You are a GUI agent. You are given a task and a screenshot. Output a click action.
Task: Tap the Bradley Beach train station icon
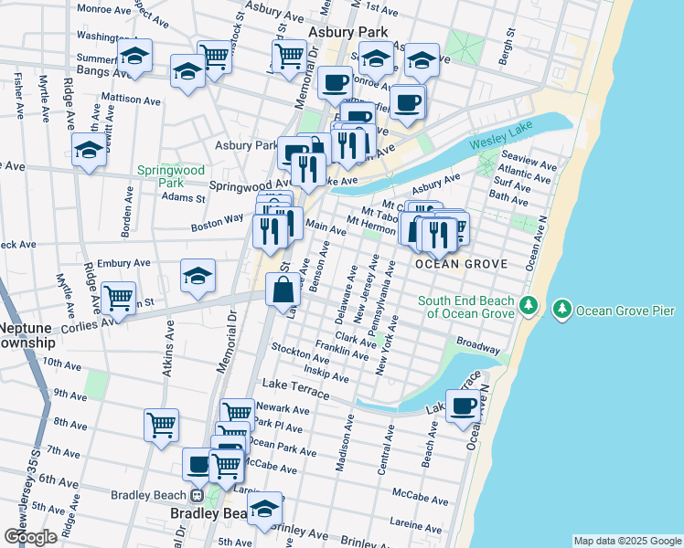point(197,496)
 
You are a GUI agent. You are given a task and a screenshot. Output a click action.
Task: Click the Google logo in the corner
point(31,537)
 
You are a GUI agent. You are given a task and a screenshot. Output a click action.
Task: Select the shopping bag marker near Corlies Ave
point(283,291)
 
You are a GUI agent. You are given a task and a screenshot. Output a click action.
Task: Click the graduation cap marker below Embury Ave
point(198,276)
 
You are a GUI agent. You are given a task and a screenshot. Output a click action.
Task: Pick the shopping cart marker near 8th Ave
point(161,424)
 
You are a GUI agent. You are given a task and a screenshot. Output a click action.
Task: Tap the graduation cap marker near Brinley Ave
point(265,509)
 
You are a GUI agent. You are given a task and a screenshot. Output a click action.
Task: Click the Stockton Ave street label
point(294,350)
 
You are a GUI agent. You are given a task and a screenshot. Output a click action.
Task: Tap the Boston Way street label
point(217,222)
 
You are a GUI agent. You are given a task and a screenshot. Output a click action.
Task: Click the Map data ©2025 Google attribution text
point(626,541)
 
